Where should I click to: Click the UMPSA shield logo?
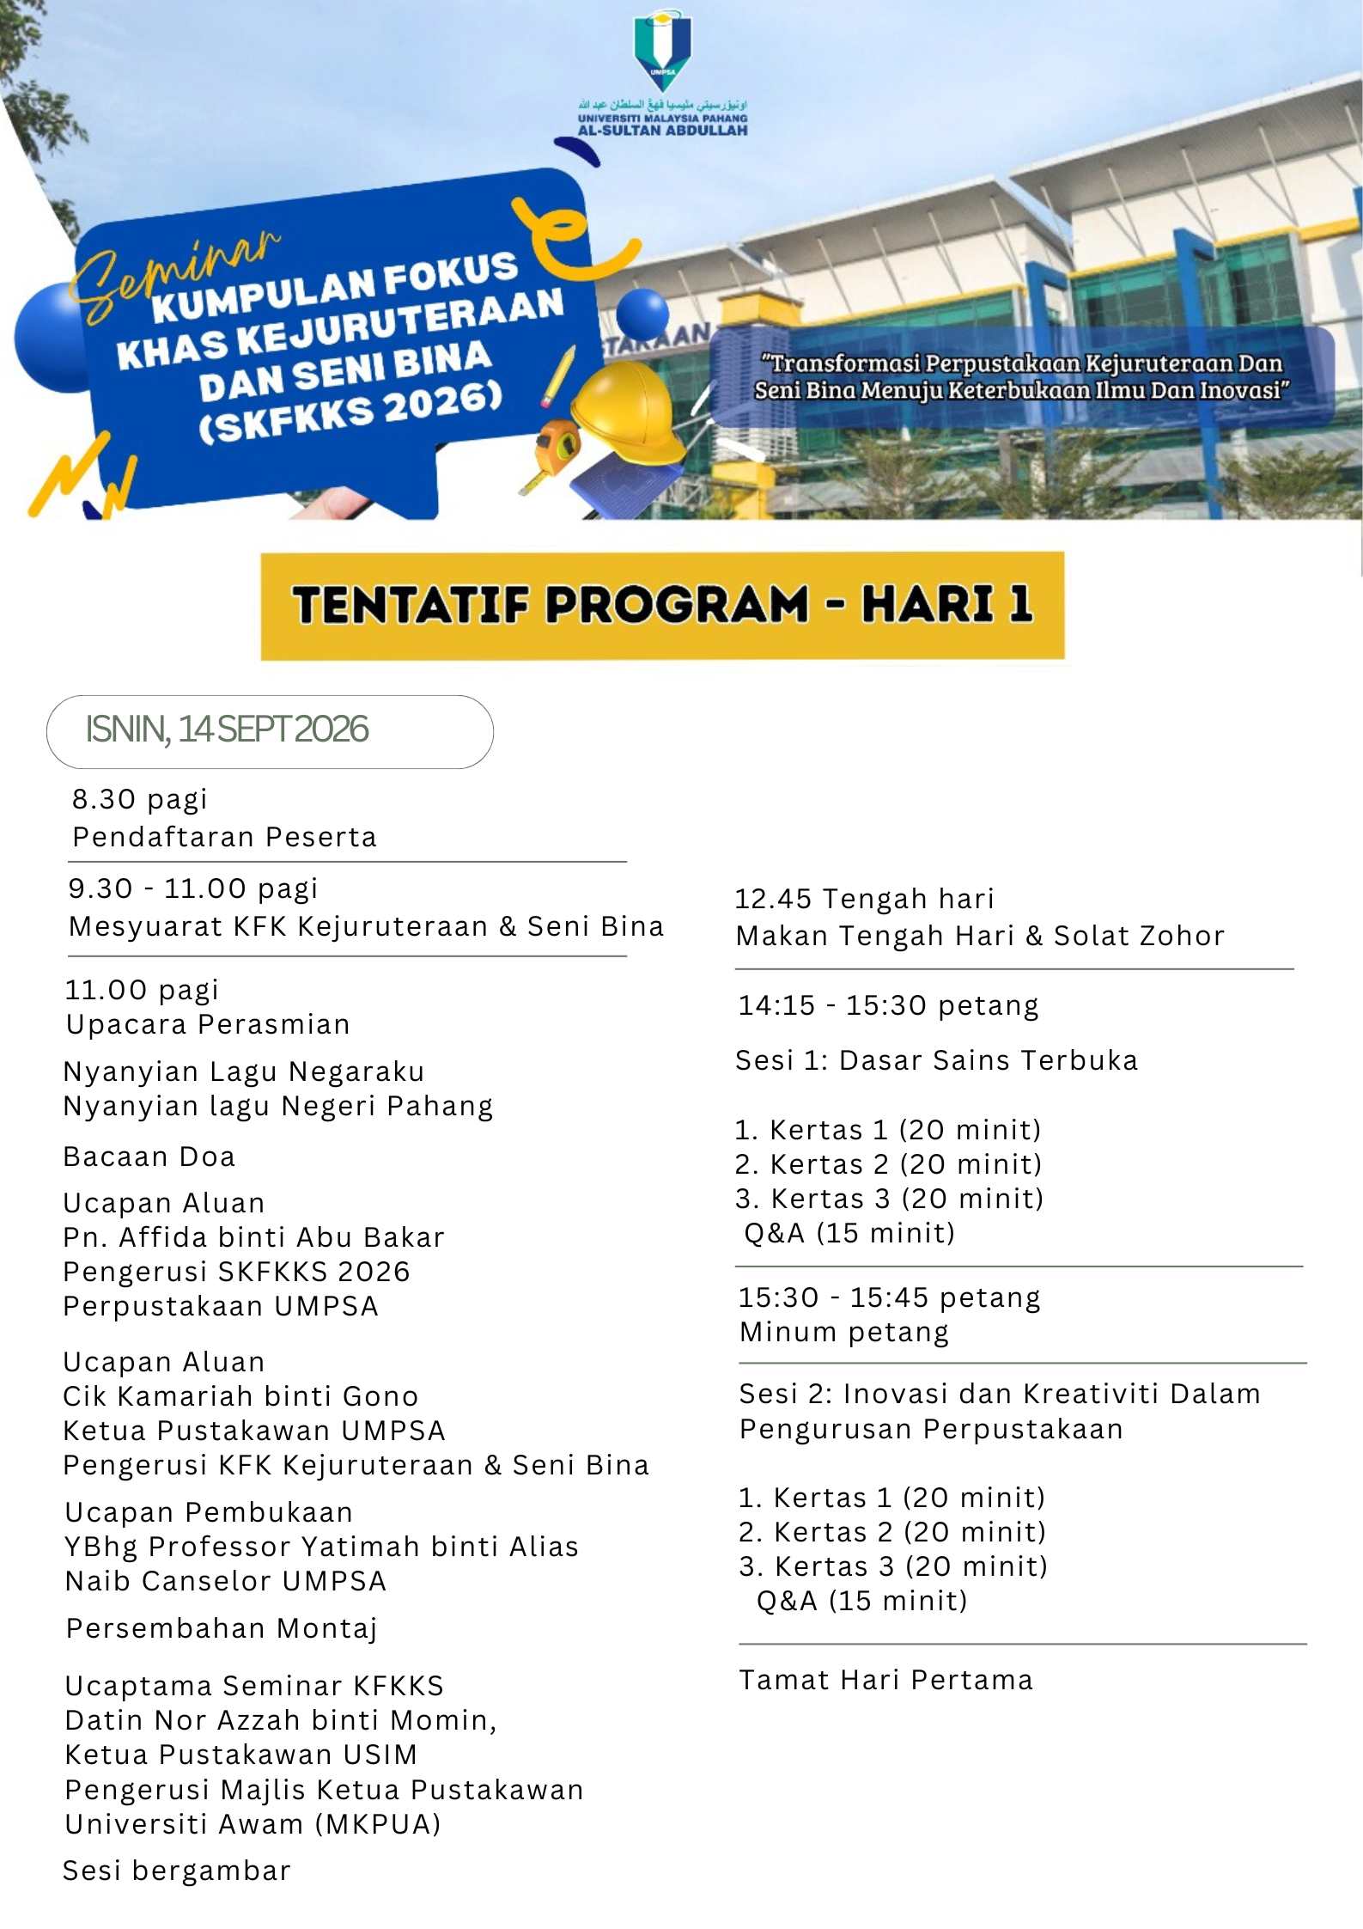[662, 47]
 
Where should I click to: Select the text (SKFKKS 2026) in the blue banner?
[350, 412]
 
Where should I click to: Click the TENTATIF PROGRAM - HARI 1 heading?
[662, 605]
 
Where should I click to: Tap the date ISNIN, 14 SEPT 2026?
[227, 729]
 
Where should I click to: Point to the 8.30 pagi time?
[139, 799]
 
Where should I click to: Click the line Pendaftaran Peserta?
[224, 837]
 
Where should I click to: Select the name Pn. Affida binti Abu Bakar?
[254, 1237]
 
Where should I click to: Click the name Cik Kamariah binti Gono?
[240, 1396]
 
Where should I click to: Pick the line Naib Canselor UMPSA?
[226, 1581]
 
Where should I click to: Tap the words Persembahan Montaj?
[222, 1628]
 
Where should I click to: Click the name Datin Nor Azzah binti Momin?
[281, 1720]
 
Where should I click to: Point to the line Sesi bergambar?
[177, 1871]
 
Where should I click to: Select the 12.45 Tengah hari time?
[864, 899]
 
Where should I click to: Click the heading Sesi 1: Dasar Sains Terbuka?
[936, 1060]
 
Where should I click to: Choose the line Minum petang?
[844, 1332]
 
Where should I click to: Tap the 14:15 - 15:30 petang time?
[888, 1005]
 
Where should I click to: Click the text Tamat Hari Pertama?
[885, 1680]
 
